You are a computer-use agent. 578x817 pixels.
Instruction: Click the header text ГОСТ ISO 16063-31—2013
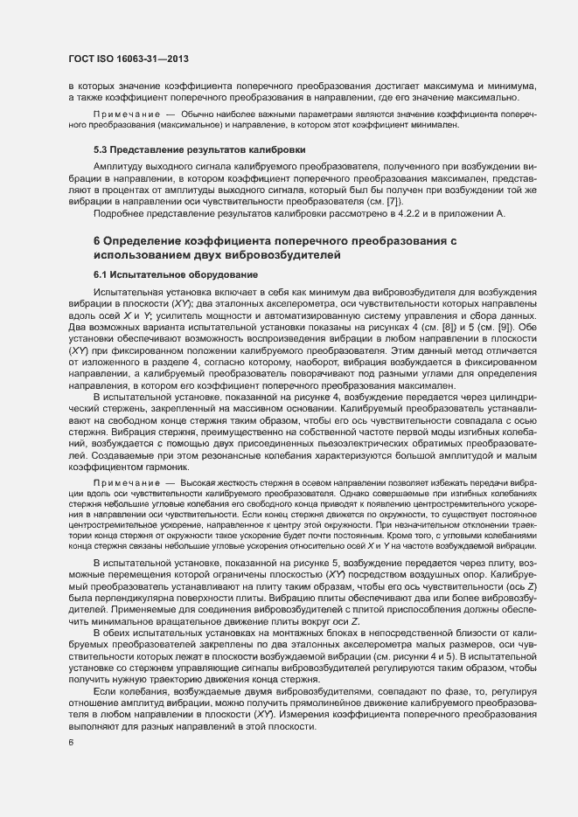(128, 59)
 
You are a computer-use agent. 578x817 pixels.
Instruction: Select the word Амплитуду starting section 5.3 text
(122, 165)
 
